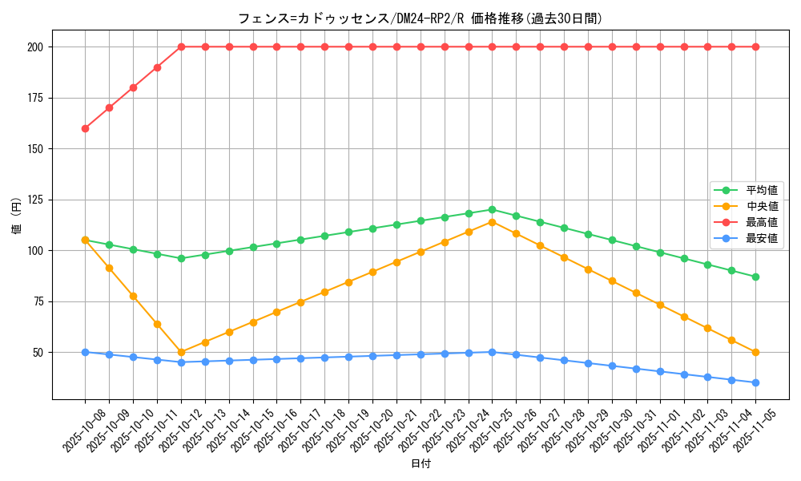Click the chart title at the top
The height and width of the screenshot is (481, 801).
pyautogui.click(x=420, y=18)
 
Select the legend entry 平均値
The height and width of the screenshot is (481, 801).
pyautogui.click(x=761, y=190)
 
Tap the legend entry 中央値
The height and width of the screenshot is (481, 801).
pyautogui.click(x=761, y=206)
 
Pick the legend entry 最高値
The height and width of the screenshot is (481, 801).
pyautogui.click(x=761, y=222)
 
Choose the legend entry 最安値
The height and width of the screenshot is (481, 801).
pyautogui.click(x=761, y=238)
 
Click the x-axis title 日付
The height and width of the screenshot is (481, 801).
pyautogui.click(x=421, y=464)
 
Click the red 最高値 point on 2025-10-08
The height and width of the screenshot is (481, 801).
pyautogui.click(x=85, y=128)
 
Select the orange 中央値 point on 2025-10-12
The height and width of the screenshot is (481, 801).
pyautogui.click(x=181, y=352)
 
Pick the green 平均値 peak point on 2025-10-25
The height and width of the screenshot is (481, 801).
pyautogui.click(x=492, y=210)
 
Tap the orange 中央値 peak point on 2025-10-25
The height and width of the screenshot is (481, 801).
pyautogui.click(x=492, y=222)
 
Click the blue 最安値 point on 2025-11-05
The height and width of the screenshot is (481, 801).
pyautogui.click(x=755, y=382)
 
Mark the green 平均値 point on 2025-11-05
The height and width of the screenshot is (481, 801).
pyautogui.click(x=755, y=277)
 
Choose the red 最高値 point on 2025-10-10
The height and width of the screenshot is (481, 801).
pyautogui.click(x=133, y=87)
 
